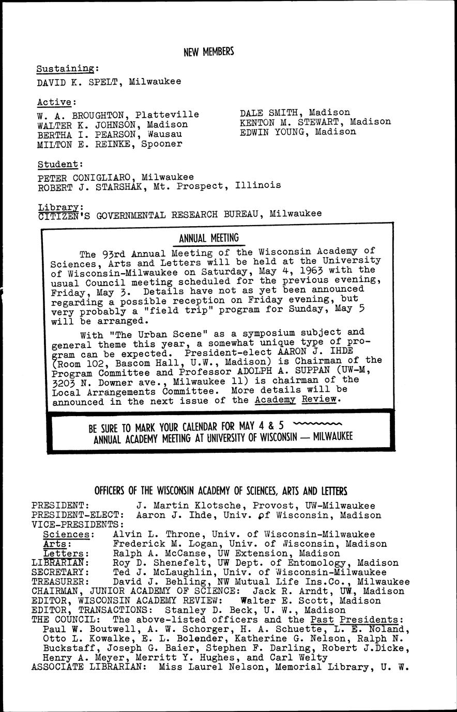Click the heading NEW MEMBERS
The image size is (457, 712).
(209, 52)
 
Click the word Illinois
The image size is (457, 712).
(258, 185)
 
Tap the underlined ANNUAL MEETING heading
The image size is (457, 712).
(209, 238)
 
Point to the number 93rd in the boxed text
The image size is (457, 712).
(113, 254)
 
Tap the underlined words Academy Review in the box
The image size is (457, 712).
(296, 400)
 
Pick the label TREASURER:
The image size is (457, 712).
(58, 581)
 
